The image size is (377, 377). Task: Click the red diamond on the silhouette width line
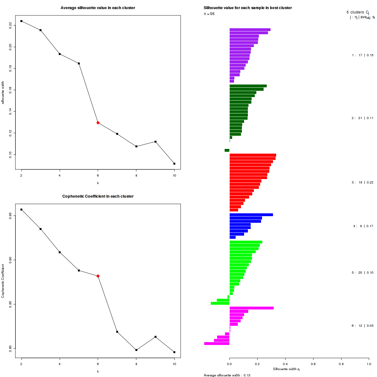98,123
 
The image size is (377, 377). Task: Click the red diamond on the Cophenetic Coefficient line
98,276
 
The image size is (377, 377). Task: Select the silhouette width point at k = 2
21,21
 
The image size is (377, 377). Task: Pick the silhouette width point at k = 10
174,164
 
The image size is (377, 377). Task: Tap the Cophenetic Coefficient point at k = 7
117,332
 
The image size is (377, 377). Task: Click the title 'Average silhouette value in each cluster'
98,8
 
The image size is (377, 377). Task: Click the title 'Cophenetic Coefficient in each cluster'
98,196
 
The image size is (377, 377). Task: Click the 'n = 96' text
209,14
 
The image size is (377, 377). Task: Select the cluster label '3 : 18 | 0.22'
362,183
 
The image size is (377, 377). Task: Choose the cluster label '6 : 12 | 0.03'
362,326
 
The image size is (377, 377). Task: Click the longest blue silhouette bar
251,215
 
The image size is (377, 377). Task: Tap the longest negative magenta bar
217,344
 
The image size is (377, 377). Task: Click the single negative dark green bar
227,150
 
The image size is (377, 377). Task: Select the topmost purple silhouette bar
250,30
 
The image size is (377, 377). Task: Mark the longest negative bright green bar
220,303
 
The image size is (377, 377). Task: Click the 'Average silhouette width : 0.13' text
227,375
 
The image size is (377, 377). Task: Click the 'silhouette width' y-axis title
3,93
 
